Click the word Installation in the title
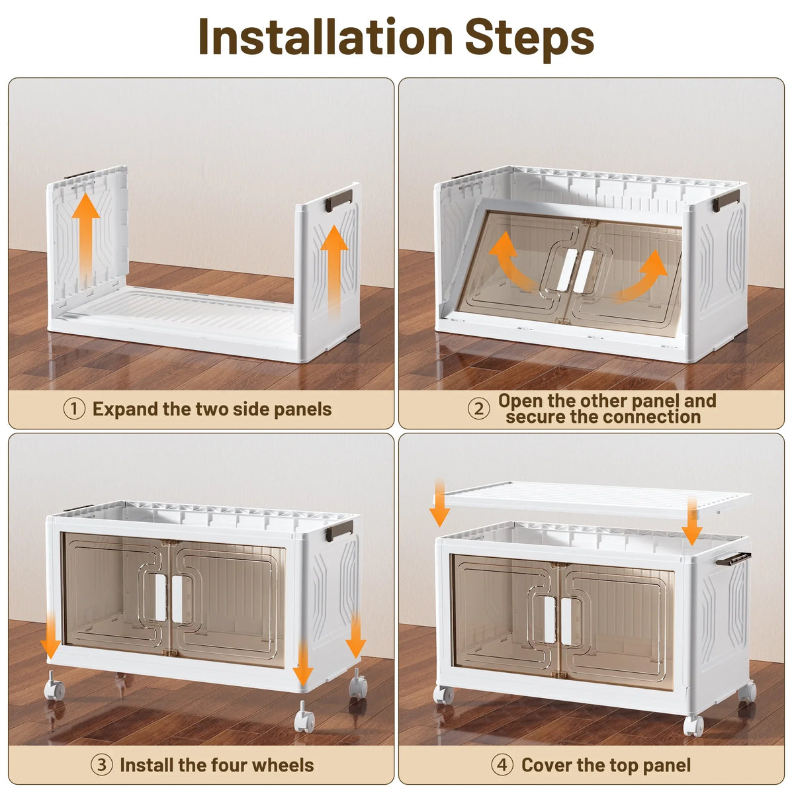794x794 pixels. coord(326,37)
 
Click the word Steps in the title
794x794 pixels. coord(529,40)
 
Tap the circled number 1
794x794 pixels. coord(74,409)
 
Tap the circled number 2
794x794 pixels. coord(479,409)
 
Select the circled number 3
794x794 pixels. coord(101,765)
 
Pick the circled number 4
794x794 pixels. coord(502,765)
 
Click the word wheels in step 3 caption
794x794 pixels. coord(283,765)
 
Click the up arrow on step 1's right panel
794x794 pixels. coord(334,272)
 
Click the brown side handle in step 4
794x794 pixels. coord(733,558)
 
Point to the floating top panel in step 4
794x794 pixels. coord(597,499)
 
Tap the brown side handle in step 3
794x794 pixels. coord(339,531)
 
